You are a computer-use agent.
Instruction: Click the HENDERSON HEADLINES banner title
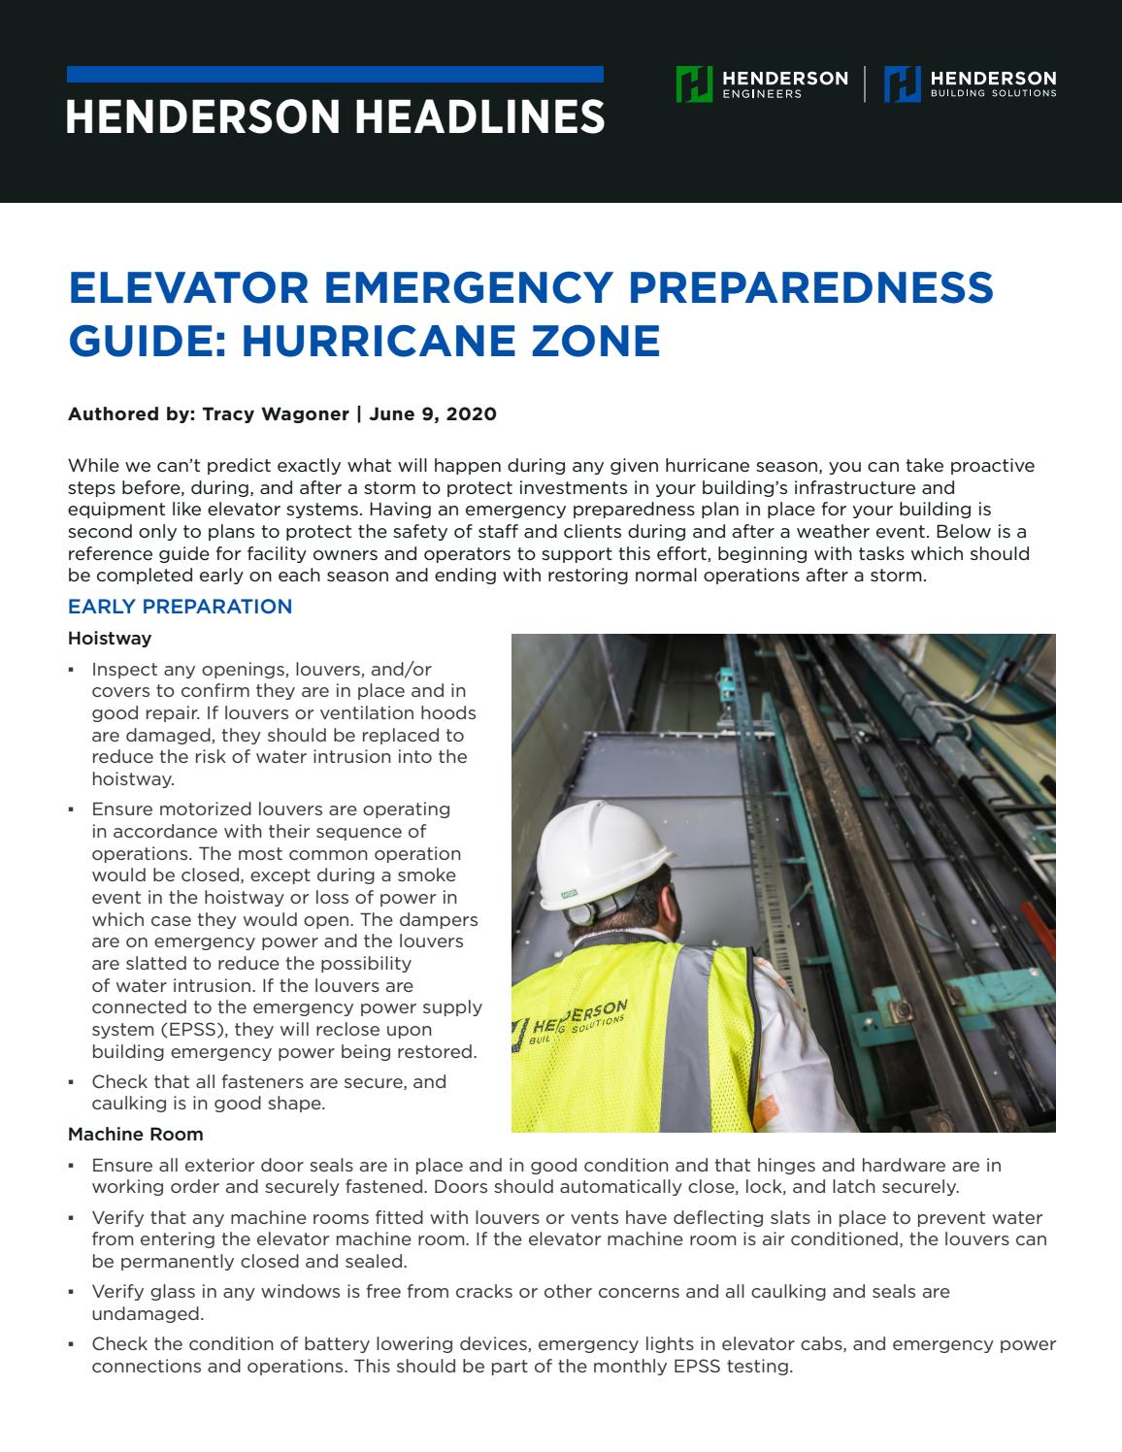coord(335,116)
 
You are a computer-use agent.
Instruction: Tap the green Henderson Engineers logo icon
coord(694,84)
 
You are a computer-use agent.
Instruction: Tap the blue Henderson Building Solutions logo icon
coord(902,84)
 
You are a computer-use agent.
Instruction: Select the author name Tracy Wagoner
coord(276,414)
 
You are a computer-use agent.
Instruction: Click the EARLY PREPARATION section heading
coord(180,607)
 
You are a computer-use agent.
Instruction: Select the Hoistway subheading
coord(110,638)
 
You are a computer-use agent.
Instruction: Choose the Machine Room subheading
coord(136,1134)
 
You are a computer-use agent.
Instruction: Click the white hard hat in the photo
coord(603,843)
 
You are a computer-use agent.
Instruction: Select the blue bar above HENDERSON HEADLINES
coord(335,75)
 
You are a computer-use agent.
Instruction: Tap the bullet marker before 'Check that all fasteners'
coord(72,1082)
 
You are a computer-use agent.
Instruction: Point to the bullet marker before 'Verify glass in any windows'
coord(72,1293)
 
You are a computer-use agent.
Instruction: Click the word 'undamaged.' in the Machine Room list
coord(134,1313)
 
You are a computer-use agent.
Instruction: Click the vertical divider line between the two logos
coord(865,84)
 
